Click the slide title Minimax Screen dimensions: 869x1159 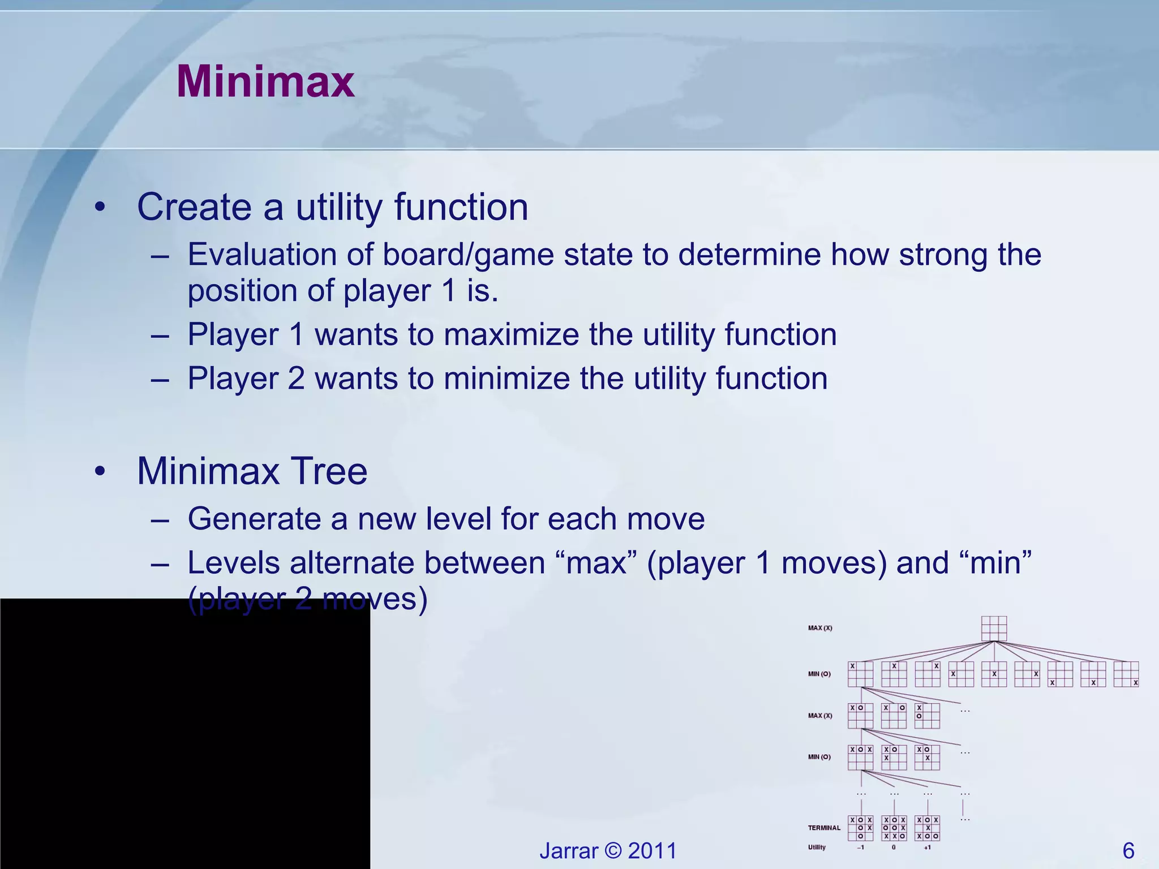tap(265, 82)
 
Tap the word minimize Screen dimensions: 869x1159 tap(506, 378)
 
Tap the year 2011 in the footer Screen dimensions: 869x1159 tap(652, 851)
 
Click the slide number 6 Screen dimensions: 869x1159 tap(1128, 851)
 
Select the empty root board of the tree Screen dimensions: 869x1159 tap(994, 629)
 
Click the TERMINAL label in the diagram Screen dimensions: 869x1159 tap(824, 828)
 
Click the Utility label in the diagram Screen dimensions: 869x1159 tap(817, 848)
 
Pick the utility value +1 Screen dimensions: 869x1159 tap(927, 848)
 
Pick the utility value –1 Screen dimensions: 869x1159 tap(860, 848)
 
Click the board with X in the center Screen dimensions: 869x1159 tap(994, 674)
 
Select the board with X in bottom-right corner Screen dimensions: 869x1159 tap(1126, 674)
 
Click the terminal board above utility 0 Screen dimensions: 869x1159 tap(894, 828)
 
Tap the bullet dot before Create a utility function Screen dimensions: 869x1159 tap(100, 208)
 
